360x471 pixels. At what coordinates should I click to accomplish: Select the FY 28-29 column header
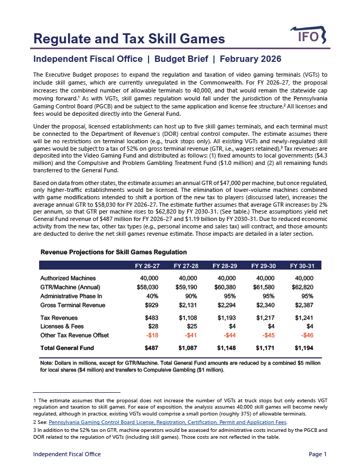click(x=224, y=265)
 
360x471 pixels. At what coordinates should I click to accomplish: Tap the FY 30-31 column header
click(x=302, y=265)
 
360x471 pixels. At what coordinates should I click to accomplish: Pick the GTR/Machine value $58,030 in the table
click(x=147, y=287)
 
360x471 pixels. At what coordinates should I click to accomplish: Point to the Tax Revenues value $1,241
click(x=304, y=318)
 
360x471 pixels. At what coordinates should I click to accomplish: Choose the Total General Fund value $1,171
click(x=265, y=348)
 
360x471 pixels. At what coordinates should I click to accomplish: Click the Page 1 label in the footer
click(x=318, y=454)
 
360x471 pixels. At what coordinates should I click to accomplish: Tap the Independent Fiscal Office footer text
click(x=67, y=454)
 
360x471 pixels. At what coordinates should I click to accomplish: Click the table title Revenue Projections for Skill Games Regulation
click(x=113, y=252)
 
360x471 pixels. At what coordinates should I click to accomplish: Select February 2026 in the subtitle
click(x=251, y=59)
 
